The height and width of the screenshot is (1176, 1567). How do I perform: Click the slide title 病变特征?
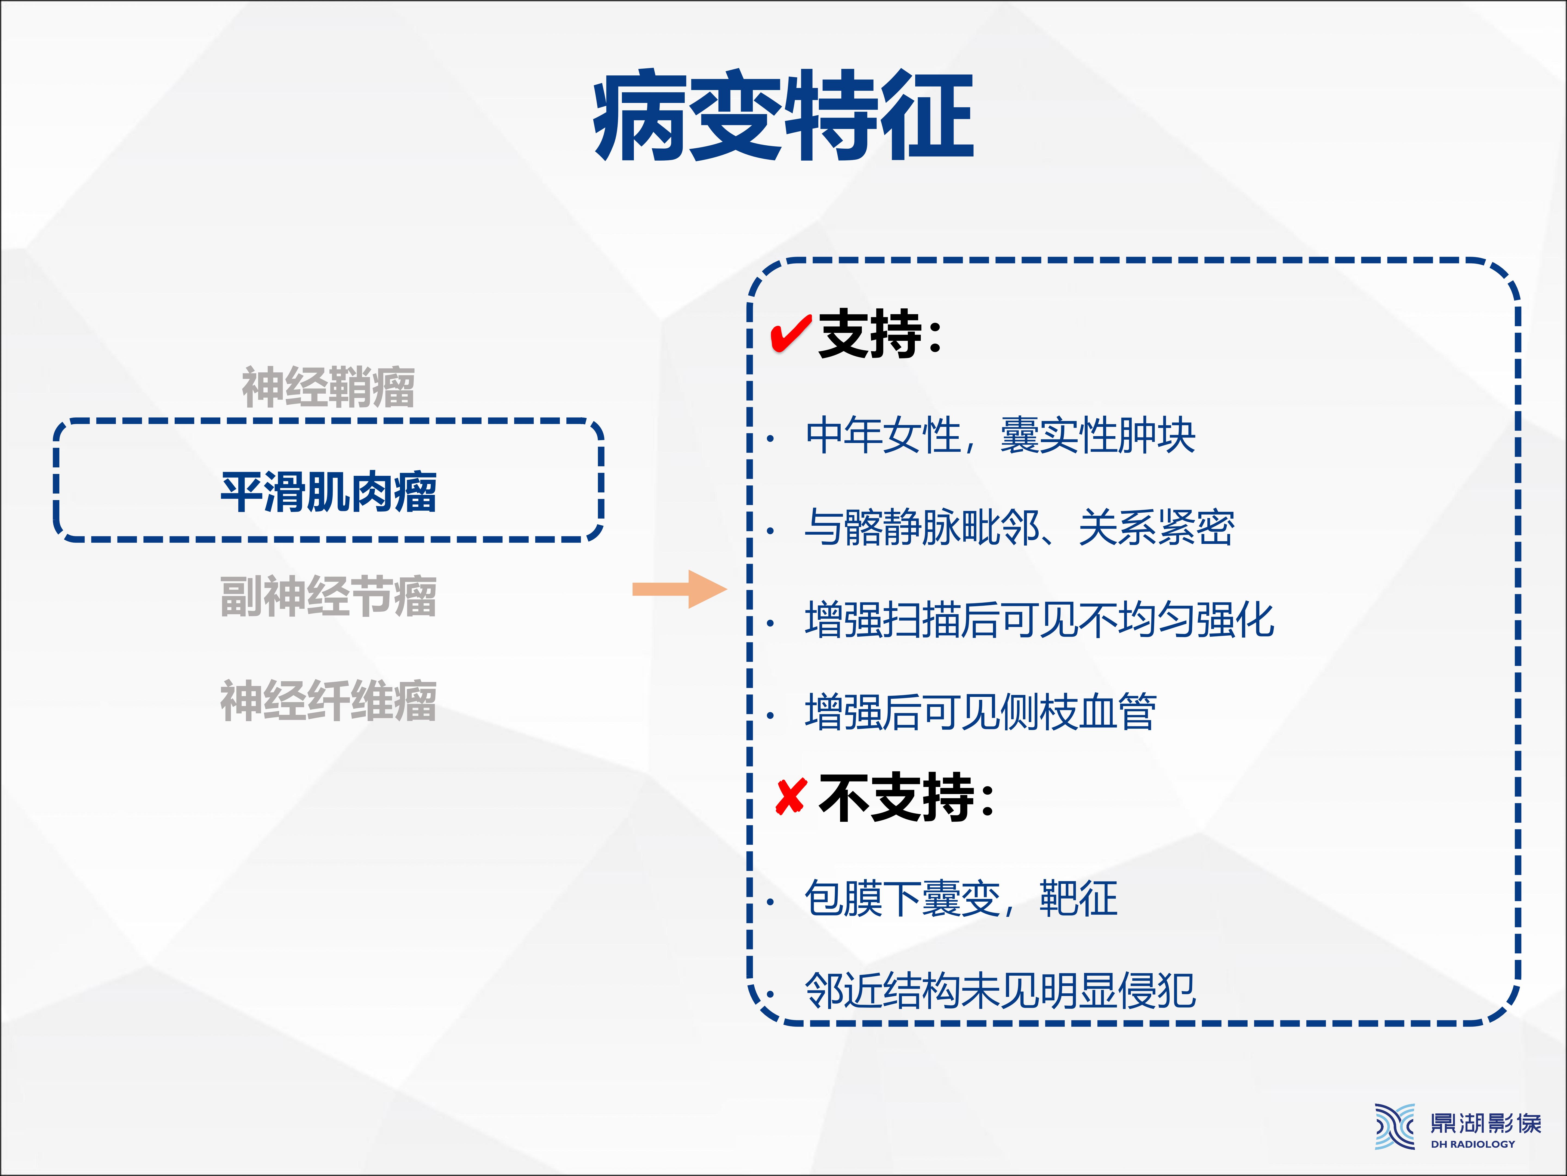click(783, 115)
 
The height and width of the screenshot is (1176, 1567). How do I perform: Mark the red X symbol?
click(791, 797)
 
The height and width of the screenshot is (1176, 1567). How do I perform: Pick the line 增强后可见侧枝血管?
click(980, 712)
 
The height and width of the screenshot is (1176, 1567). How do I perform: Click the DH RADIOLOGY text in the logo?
click(1473, 1144)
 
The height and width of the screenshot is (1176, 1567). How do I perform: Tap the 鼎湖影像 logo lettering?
click(1486, 1123)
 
